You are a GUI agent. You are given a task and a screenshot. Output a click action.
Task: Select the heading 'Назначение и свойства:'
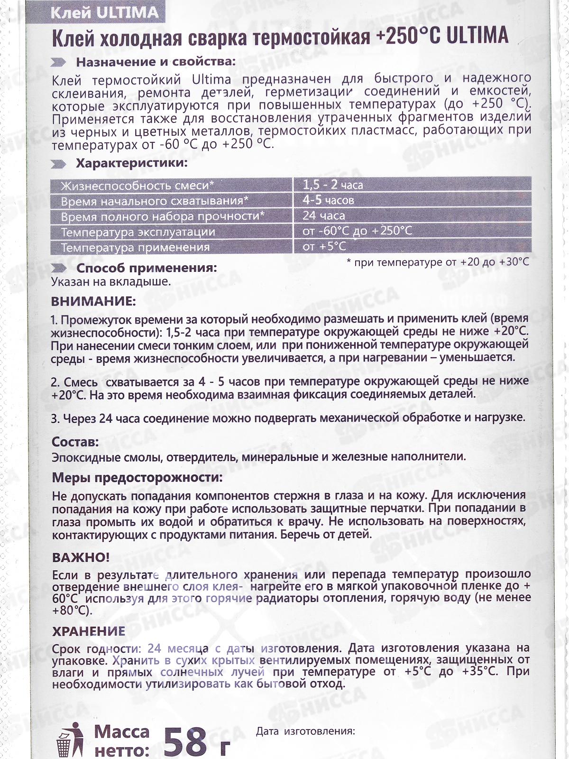(x=156, y=62)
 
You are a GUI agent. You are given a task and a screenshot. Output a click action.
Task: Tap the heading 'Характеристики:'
(x=132, y=164)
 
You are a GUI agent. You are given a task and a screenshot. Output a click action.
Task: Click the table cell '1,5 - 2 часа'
(x=333, y=185)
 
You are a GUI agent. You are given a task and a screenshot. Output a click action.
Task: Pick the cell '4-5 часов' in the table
(x=328, y=200)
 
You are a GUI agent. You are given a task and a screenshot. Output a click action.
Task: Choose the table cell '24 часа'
(x=324, y=216)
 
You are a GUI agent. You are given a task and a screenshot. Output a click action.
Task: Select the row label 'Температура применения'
(x=135, y=247)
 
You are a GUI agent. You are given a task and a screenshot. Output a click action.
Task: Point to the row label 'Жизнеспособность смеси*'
(x=138, y=185)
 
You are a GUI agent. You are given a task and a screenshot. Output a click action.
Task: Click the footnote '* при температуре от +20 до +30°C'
(x=438, y=262)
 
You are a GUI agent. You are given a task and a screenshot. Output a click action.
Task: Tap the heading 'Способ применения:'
(x=147, y=268)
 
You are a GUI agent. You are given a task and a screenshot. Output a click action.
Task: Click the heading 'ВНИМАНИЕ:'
(x=93, y=301)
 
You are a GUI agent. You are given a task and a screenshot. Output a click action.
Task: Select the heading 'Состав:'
(x=75, y=442)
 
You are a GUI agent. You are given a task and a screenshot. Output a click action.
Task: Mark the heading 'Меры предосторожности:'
(x=137, y=477)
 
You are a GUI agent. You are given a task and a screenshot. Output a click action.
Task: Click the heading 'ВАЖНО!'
(x=81, y=557)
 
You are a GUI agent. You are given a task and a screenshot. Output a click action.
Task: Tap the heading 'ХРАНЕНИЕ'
(x=89, y=631)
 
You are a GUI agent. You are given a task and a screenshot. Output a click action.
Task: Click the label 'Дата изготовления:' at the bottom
(x=305, y=731)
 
